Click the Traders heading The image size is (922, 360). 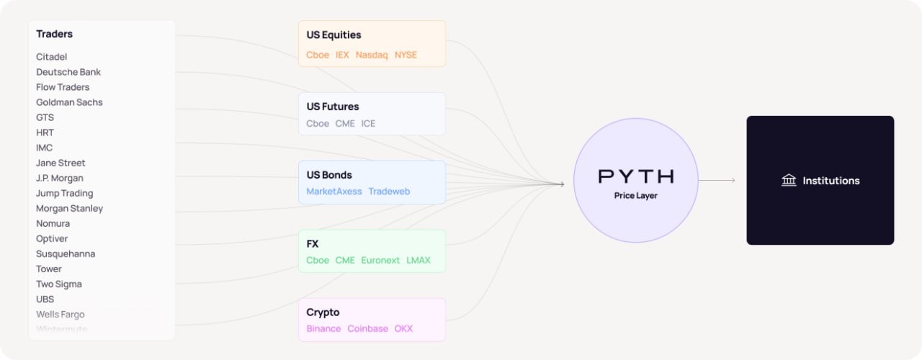(55, 34)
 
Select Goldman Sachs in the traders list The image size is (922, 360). (69, 102)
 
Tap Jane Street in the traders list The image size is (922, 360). (61, 163)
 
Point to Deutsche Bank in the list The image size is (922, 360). (68, 72)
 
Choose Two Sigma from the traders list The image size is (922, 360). (59, 284)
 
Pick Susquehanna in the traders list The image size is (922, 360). (66, 253)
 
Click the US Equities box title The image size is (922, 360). (334, 35)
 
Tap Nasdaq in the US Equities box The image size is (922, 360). (372, 55)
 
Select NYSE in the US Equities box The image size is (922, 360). (406, 55)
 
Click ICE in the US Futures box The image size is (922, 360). (368, 123)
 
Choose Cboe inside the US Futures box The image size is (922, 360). (318, 123)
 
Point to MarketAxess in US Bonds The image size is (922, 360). (334, 192)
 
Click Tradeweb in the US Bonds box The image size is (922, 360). (389, 192)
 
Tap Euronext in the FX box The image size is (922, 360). (380, 260)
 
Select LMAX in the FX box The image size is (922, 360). (419, 260)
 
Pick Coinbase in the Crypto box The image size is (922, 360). (367, 328)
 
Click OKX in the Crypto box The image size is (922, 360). (403, 328)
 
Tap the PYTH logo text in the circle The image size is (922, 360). (636, 176)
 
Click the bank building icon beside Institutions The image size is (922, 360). (789, 181)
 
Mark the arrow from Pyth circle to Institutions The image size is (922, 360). (717, 181)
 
